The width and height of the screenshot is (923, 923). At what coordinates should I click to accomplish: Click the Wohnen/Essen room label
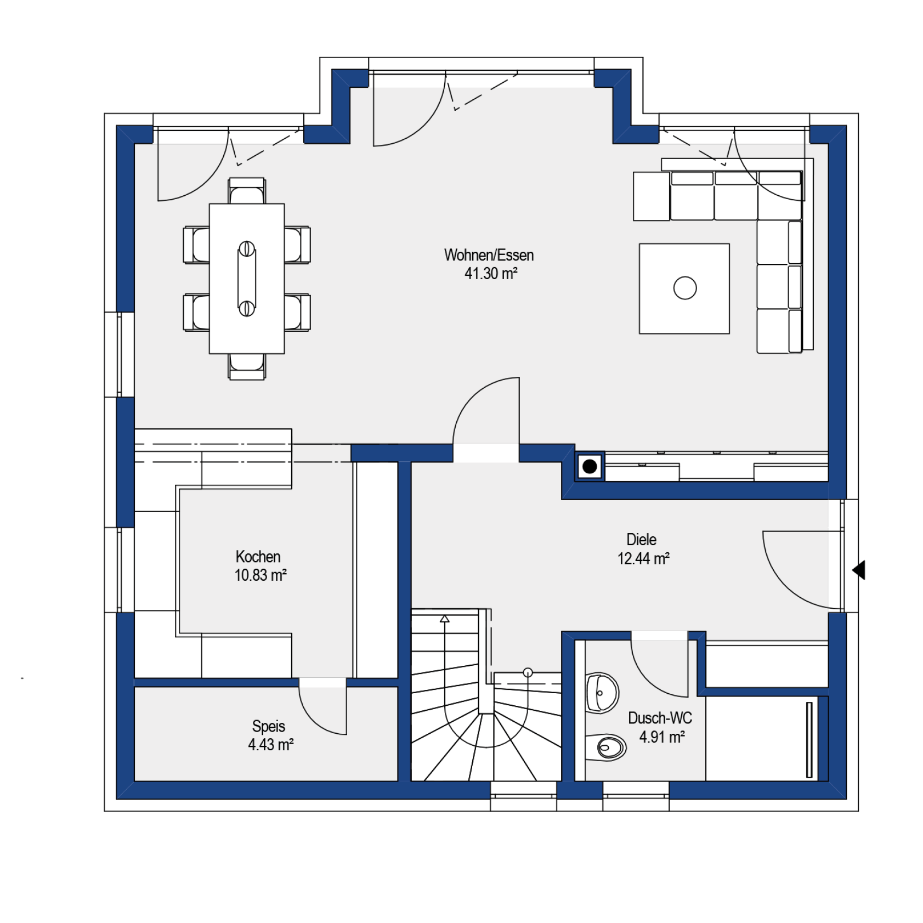point(489,255)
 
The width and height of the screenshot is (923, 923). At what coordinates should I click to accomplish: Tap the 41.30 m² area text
point(491,273)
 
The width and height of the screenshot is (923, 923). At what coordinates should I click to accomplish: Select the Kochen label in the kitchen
point(258,557)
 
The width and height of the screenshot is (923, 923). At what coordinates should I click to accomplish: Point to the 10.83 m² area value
point(261,575)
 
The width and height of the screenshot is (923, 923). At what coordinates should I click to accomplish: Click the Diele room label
point(641,540)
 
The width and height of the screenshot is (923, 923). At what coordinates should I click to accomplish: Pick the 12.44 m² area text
point(643,558)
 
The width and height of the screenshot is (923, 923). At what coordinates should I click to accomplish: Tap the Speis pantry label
point(269,726)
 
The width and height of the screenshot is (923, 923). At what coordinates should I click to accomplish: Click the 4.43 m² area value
point(271,744)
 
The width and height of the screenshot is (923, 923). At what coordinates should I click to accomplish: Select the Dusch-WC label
point(660,718)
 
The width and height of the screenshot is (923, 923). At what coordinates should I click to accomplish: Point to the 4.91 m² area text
point(662,737)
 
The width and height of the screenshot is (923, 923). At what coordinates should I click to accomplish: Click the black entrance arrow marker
point(859,570)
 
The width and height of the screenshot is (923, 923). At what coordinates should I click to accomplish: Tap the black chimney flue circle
point(590,467)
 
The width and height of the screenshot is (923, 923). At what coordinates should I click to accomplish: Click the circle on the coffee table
point(685,288)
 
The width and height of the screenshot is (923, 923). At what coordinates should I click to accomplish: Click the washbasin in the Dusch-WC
point(602,693)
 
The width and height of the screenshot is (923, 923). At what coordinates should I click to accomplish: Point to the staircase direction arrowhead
point(445,619)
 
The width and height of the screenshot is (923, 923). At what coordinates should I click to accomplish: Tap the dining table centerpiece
point(247,279)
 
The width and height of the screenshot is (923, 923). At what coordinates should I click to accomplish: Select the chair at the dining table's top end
point(247,191)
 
